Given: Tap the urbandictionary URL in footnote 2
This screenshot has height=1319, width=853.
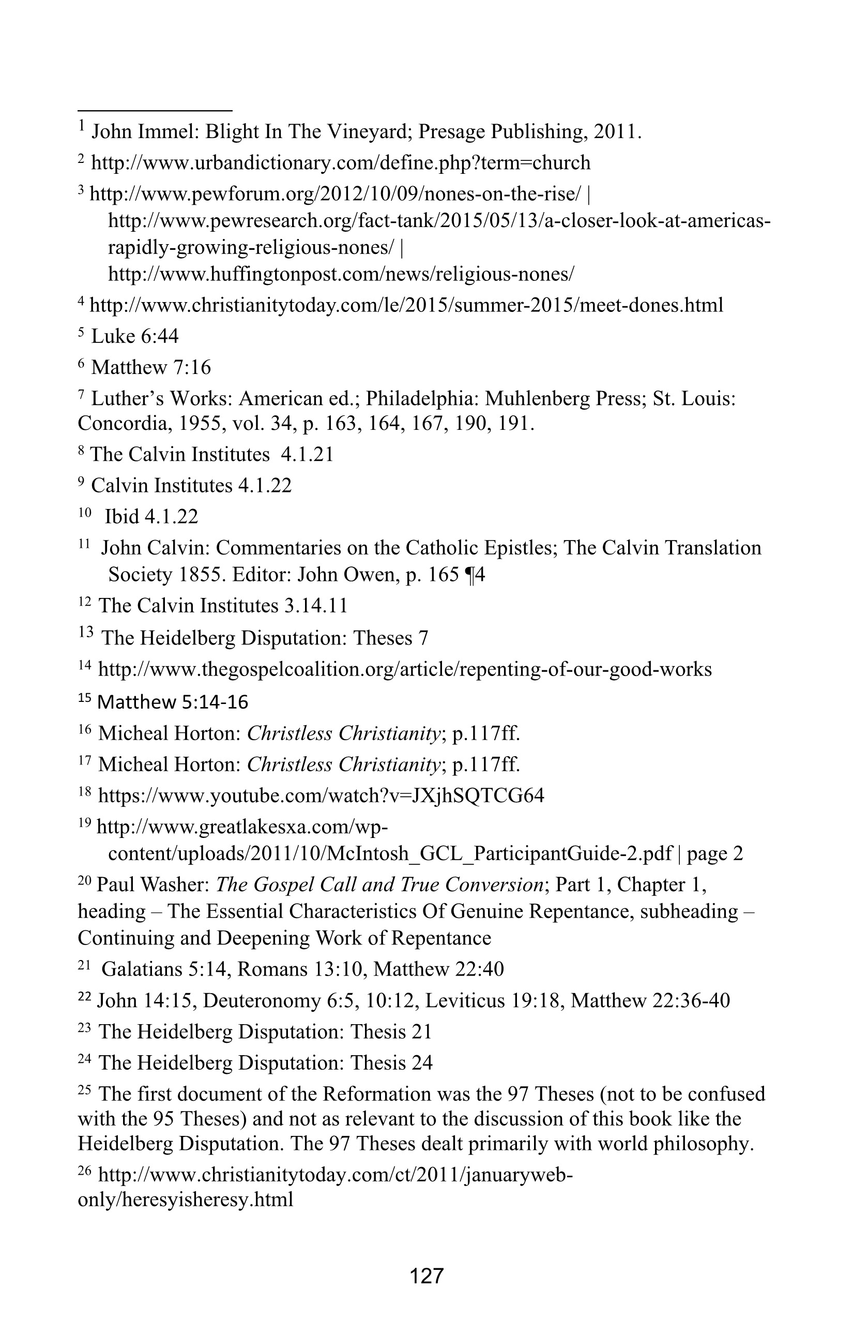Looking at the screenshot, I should pos(341,163).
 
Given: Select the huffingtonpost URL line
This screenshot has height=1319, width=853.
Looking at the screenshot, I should pos(341,274).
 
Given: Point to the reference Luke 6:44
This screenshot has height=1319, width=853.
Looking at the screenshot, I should pos(134,336).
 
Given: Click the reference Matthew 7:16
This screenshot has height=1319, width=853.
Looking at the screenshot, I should pos(150,367).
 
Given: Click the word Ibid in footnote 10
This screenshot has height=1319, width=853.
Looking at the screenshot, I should pos(122,517).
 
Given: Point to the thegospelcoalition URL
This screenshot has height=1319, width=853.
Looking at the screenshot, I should pos(404,669).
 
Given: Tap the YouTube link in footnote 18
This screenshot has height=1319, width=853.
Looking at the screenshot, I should pos(321,796).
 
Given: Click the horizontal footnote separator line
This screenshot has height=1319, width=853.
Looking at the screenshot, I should pos(155,110).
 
